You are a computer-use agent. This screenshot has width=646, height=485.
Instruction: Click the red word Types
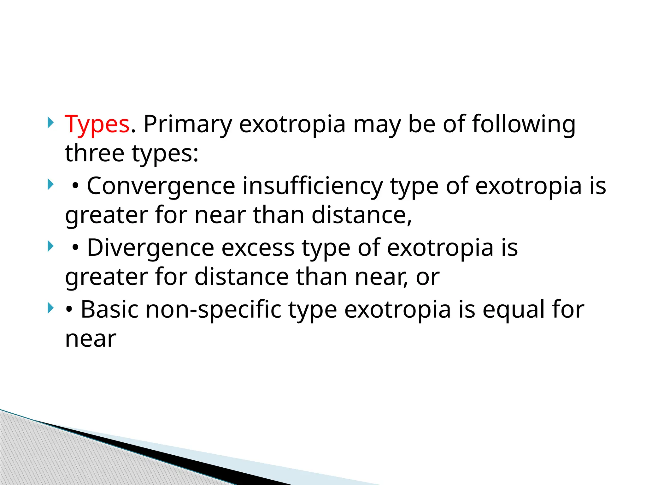97,124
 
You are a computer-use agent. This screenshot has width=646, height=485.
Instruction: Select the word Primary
188,124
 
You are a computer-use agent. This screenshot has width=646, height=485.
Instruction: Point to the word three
94,153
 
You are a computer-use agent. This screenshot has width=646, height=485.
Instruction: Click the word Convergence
161,186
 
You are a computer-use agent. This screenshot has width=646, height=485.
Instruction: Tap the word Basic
109,309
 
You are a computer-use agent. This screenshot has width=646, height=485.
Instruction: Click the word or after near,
427,277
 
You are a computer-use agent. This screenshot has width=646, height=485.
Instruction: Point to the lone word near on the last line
91,339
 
